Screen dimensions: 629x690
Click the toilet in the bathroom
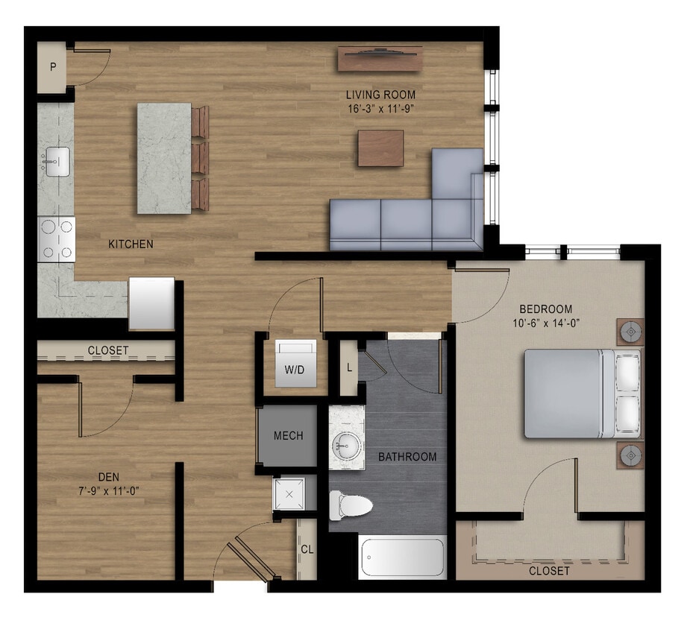(x=351, y=506)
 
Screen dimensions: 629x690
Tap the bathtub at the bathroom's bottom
(x=402, y=557)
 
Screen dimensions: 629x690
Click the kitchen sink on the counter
(x=57, y=161)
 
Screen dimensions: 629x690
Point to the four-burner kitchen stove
(x=57, y=238)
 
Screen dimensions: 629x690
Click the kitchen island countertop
(x=164, y=158)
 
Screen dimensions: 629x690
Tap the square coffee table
(x=380, y=148)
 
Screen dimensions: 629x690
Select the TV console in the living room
(x=380, y=58)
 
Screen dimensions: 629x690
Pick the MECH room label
(x=288, y=436)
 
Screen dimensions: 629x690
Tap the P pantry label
(x=53, y=67)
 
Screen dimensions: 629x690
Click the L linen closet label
(x=348, y=367)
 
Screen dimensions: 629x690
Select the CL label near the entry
(x=307, y=550)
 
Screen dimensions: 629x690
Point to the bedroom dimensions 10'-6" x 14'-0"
(x=546, y=323)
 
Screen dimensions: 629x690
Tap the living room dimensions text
(x=380, y=109)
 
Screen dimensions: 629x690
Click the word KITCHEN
(x=131, y=244)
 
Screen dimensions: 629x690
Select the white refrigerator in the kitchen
(x=151, y=303)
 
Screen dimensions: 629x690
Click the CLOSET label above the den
(x=108, y=350)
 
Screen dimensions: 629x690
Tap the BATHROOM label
(x=407, y=457)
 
